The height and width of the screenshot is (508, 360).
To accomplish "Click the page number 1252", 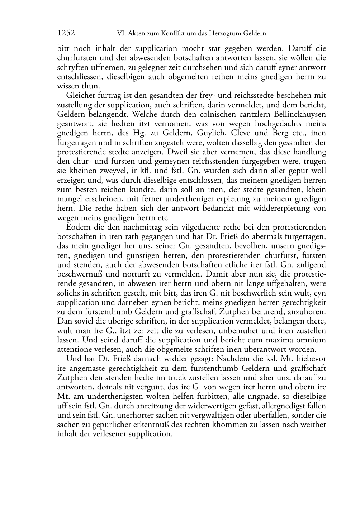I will tap(66, 33).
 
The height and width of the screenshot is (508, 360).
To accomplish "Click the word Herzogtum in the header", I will tap(228, 34).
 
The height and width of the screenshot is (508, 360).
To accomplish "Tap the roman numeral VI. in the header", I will tap(122, 34).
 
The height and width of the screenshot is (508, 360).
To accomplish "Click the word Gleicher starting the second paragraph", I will tap(80, 96).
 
